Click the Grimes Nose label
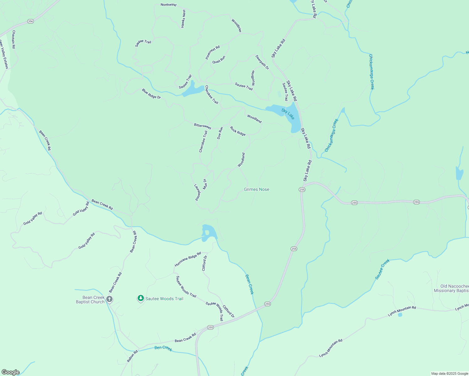[256, 189]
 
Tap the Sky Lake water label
[288, 114]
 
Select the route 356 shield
[30, 21]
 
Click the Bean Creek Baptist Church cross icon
[109, 299]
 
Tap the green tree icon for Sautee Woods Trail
[141, 298]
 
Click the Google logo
[11, 372]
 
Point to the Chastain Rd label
[13, 39]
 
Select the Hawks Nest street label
[183, 19]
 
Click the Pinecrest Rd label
[213, 52]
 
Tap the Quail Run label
[219, 60]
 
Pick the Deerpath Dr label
[262, 62]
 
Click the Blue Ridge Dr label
[151, 94]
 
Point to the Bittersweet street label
[203, 126]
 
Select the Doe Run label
[220, 133]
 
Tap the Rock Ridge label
[238, 131]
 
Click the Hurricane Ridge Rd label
[188, 259]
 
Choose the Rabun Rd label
[132, 356]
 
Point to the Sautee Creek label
[382, 269]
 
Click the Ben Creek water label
[163, 348]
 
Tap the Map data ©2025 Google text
[450, 373]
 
